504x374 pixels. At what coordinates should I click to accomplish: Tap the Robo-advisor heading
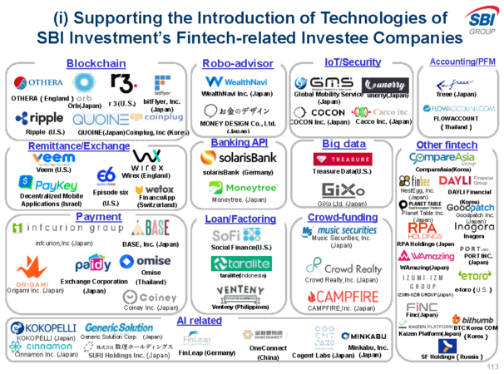tap(238, 63)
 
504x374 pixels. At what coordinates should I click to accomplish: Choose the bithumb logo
tap(472, 319)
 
